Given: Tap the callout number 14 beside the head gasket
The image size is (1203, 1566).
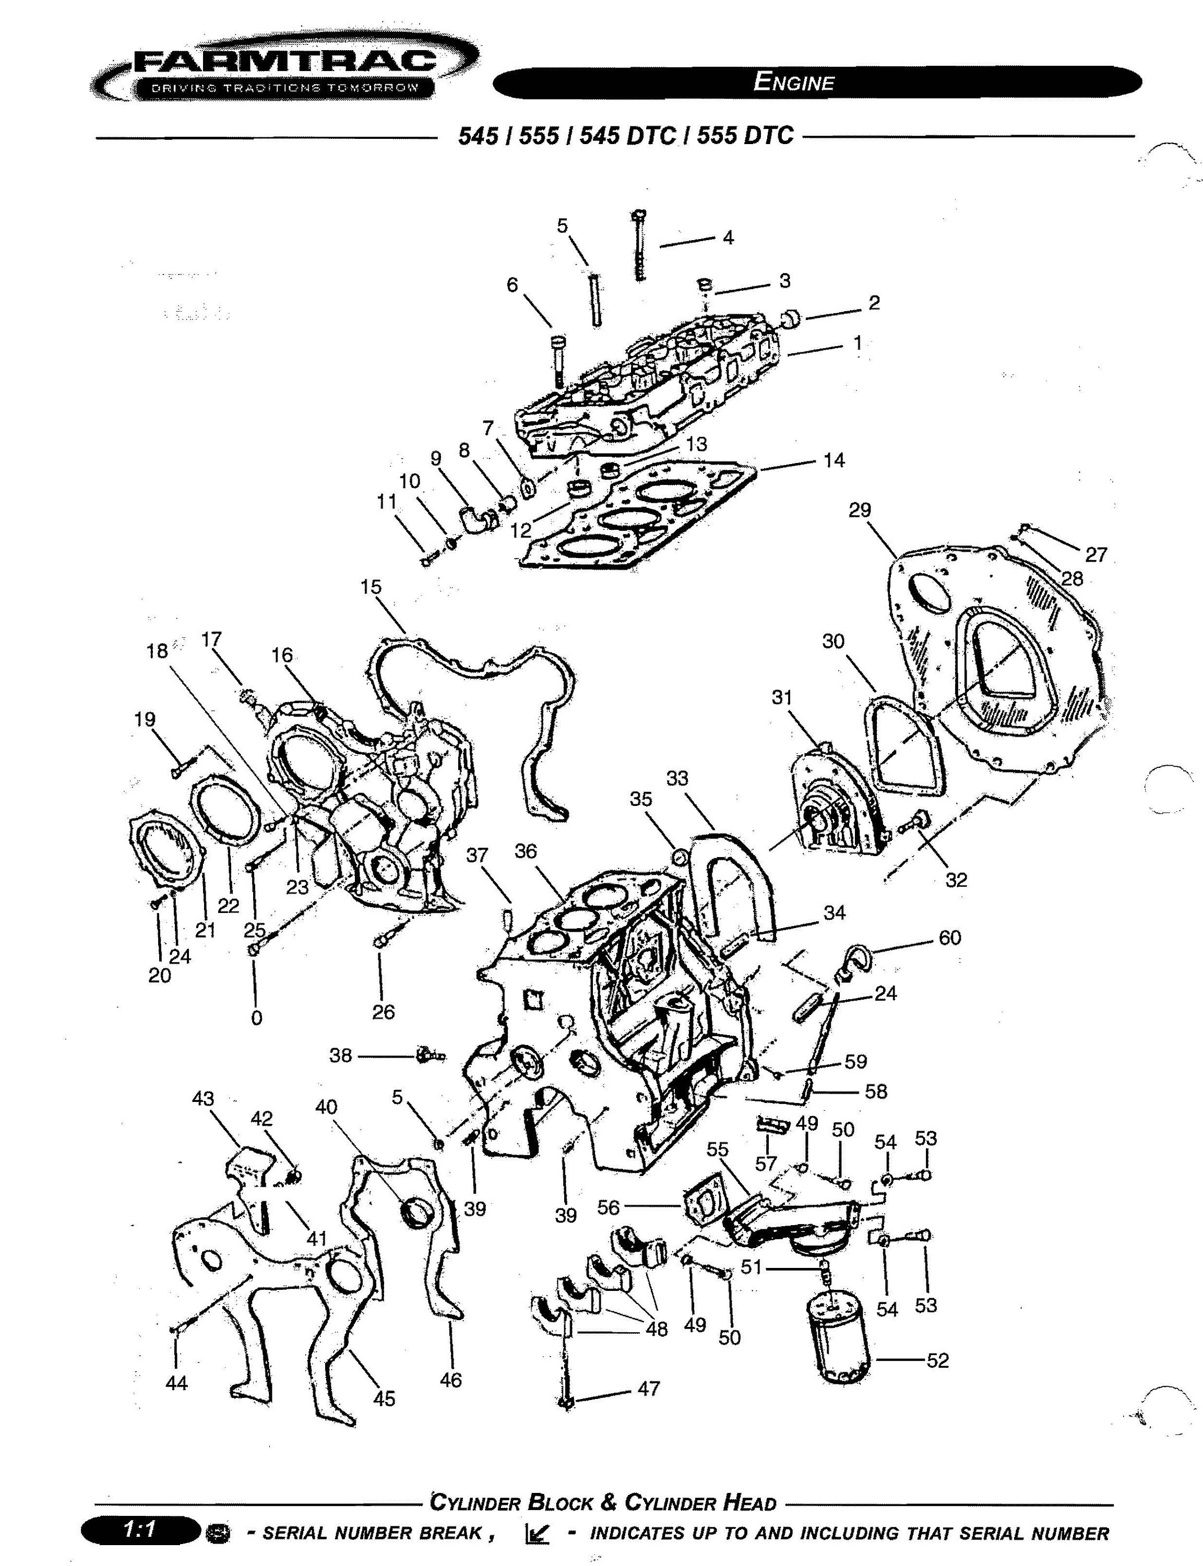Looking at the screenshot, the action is pyautogui.click(x=833, y=460).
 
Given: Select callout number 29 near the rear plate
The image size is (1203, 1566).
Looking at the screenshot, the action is pyautogui.click(x=860, y=510).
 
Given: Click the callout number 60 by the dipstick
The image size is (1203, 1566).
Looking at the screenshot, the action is pyautogui.click(x=949, y=938).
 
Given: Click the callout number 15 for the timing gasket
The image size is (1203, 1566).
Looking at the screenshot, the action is pyautogui.click(x=371, y=587).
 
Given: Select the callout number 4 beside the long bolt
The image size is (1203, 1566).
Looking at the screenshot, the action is pyautogui.click(x=728, y=237).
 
